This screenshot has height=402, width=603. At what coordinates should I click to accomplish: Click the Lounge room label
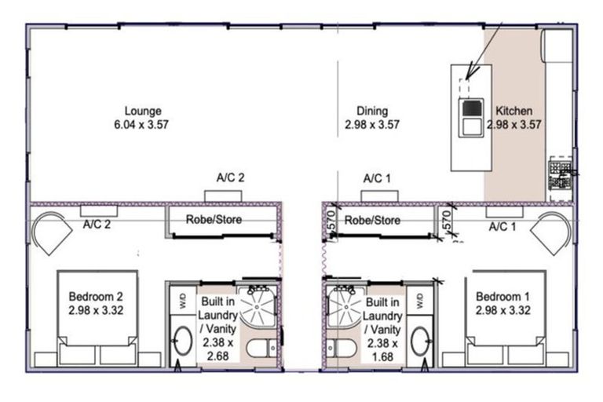click(x=142, y=111)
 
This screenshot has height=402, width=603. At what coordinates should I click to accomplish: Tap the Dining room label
click(x=371, y=111)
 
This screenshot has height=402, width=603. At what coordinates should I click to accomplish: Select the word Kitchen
click(x=514, y=111)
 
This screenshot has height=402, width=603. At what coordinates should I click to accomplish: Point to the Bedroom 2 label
click(x=95, y=297)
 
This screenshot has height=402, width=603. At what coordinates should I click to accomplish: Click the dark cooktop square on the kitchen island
click(x=470, y=108)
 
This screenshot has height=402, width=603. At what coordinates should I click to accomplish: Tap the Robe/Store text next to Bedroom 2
click(x=214, y=220)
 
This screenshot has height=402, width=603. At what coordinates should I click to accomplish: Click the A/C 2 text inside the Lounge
click(x=230, y=178)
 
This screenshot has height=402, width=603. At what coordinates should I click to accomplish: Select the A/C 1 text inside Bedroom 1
click(x=502, y=228)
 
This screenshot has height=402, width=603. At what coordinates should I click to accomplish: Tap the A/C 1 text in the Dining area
click(x=377, y=178)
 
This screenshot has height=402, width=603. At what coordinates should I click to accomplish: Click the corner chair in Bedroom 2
click(x=52, y=232)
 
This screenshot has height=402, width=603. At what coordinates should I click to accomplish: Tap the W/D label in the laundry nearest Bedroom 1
click(x=419, y=300)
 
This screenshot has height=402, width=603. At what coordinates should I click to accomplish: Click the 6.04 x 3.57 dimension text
click(x=142, y=124)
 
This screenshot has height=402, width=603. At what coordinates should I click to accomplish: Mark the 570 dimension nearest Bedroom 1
click(x=446, y=223)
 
